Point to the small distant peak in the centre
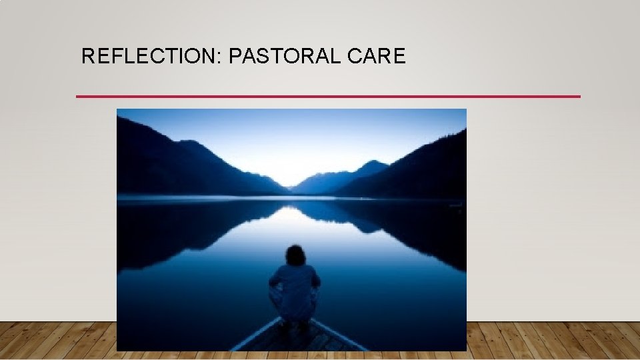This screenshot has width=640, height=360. point(372,165)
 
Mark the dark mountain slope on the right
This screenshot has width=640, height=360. point(427,167)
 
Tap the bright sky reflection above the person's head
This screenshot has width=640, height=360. point(290,223)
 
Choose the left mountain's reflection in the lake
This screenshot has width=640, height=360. point(173,230)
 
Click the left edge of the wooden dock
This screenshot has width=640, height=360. point(253,337)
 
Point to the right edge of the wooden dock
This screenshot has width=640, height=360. point(340,337)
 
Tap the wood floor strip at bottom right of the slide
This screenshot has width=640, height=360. point(553,341)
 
